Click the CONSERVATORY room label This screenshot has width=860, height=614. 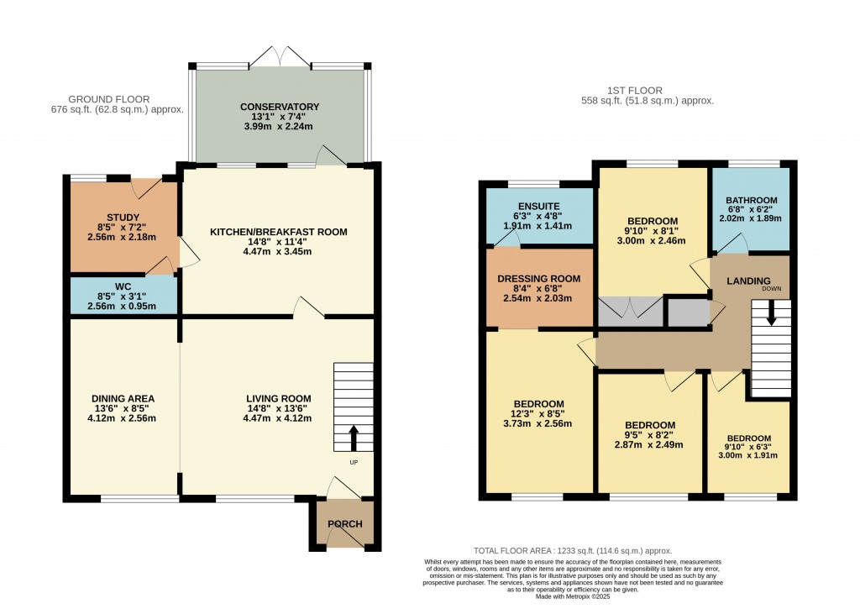280,107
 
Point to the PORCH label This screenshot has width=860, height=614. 344,524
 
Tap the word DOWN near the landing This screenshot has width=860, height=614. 771,288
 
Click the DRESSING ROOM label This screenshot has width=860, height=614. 538,278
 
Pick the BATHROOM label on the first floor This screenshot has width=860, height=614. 752,200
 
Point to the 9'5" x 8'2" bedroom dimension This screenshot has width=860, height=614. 650,434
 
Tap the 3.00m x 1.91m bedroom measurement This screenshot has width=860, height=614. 748,456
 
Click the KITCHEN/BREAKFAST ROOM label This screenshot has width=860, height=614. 278,232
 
